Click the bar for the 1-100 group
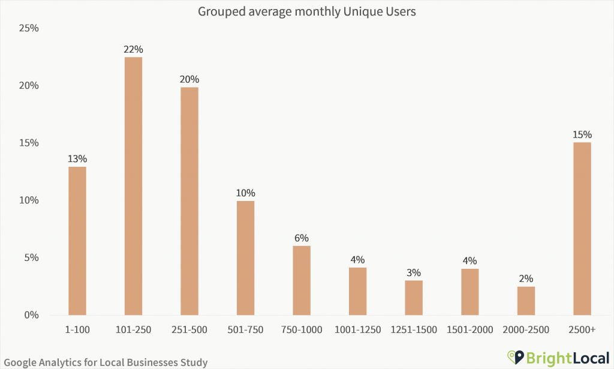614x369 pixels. click(x=77, y=240)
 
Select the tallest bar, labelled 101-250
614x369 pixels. click(x=133, y=186)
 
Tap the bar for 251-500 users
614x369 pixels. click(x=189, y=201)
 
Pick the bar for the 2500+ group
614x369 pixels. click(x=582, y=228)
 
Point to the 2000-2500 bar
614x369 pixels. click(x=526, y=301)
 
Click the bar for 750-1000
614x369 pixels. click(x=302, y=280)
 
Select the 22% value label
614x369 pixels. click(x=133, y=49)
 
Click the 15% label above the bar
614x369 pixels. click(x=582, y=134)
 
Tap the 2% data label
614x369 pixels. click(x=526, y=278)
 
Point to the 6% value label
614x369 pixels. click(x=302, y=238)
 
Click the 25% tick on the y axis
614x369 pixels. click(x=29, y=28)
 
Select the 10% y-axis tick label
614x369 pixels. click(x=29, y=200)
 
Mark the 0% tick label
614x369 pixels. click(x=31, y=315)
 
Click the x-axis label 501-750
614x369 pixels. click(x=245, y=329)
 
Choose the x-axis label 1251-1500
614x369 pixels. click(x=414, y=329)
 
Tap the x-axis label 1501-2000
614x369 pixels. click(x=469, y=329)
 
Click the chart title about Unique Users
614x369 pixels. click(x=306, y=11)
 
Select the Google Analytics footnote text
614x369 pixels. click(x=106, y=362)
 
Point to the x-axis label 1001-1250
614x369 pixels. click(x=357, y=329)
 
